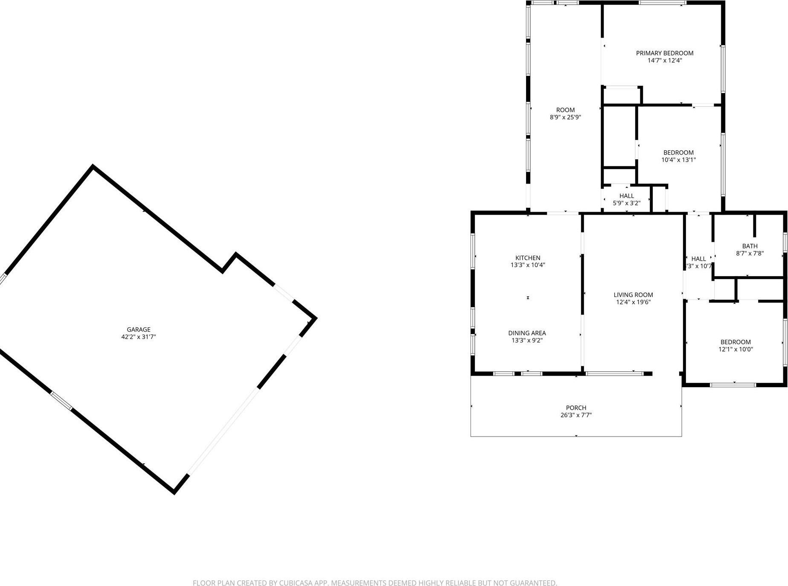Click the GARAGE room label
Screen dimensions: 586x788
pos(139,329)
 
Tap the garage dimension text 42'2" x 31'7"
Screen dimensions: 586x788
pos(139,337)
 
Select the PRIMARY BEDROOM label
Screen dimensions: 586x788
pos(664,53)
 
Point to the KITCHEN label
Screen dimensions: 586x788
pos(528,258)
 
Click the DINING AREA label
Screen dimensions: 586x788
pos(527,333)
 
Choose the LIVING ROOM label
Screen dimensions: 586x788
pos(633,294)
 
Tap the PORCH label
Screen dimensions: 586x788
pos(576,408)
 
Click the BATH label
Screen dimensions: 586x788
pos(750,246)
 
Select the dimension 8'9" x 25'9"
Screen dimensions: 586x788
pos(565,117)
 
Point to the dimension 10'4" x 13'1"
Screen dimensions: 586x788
pos(678,160)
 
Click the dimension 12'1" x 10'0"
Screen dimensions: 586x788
pos(736,349)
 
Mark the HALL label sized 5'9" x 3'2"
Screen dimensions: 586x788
pos(626,196)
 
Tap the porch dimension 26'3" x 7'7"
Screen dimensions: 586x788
pos(576,415)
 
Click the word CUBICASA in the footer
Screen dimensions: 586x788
pos(296,583)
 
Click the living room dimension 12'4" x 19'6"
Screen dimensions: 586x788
pos(633,302)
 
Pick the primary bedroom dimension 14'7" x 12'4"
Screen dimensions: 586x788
pos(664,60)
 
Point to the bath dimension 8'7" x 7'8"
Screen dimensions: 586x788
pos(750,253)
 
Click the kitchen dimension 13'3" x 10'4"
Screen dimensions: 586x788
pos(528,265)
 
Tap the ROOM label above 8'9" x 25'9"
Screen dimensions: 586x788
pos(565,110)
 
